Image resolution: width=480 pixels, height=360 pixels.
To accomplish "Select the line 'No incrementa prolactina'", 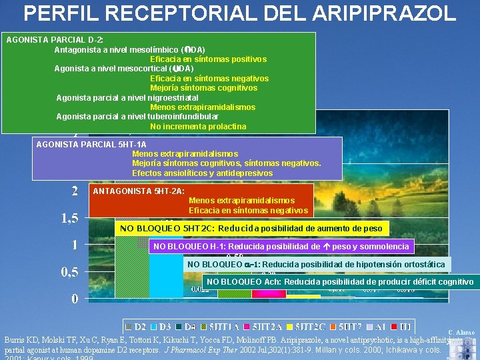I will click(198, 126).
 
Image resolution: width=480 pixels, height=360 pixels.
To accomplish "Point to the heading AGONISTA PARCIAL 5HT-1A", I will click(91, 144).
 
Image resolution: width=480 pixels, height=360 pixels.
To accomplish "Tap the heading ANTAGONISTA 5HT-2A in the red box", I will click(139, 191).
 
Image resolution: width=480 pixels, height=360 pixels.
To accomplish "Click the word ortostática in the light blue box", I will click(421, 265).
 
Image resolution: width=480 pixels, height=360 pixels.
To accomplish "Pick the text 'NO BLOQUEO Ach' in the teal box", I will click(243, 282).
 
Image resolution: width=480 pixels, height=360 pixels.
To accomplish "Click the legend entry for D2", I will click(137, 327).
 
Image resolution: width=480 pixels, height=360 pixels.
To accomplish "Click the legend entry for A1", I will click(379, 327).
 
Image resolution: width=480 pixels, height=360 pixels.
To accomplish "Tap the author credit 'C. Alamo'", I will click(461, 331).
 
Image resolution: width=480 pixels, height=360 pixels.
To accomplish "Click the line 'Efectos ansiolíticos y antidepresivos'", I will click(202, 173).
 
